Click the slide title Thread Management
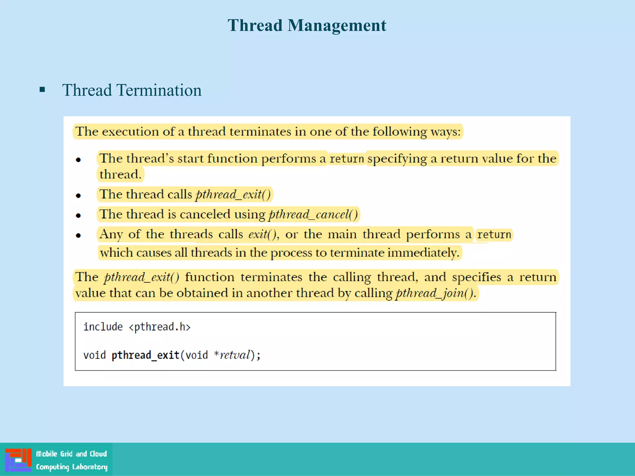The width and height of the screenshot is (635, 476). [307, 25]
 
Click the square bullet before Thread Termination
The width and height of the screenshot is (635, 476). [42, 90]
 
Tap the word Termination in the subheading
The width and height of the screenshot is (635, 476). [159, 90]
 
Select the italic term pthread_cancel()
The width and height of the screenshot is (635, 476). [313, 214]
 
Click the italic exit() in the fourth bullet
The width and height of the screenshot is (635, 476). [263, 234]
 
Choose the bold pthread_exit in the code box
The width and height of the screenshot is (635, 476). [145, 355]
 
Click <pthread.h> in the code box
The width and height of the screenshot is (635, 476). [159, 327]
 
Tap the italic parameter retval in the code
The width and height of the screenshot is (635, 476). [235, 355]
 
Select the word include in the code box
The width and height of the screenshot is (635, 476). [103, 327]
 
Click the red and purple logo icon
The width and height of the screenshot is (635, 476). [18, 460]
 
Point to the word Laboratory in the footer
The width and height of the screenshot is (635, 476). [90, 467]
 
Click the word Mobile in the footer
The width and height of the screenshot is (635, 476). [47, 454]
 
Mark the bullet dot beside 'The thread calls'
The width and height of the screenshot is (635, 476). [78, 196]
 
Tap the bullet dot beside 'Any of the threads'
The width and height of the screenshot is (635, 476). [78, 236]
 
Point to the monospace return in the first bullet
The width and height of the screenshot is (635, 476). [347, 159]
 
